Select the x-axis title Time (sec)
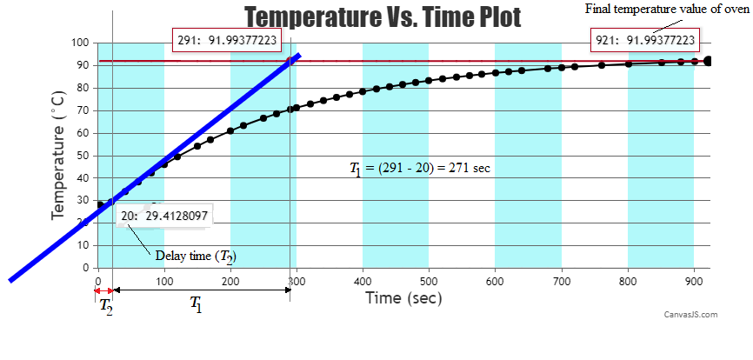403,297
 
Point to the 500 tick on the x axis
430,281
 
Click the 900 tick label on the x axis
694,281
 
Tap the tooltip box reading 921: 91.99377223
644,40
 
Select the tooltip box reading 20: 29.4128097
163,216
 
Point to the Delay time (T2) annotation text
196,256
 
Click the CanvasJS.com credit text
690,315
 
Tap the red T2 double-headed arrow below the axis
104,290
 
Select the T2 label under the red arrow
105,306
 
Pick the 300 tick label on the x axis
297,281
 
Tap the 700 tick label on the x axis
562,281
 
